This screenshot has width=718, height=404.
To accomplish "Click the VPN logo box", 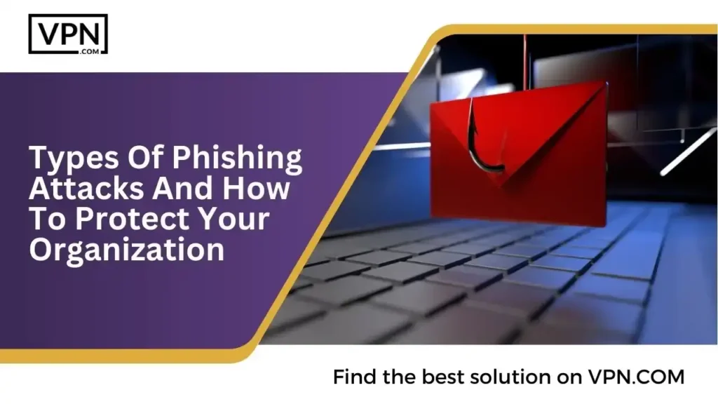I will (68, 34).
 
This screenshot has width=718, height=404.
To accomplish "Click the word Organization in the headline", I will (126, 250).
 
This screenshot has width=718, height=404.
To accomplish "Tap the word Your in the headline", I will (234, 220).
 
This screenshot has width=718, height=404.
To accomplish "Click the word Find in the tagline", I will (355, 377).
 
